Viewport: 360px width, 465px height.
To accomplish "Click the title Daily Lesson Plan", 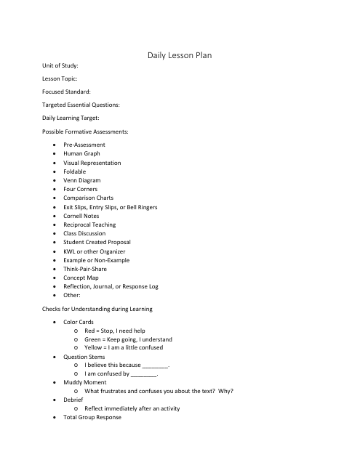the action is pos(179,55).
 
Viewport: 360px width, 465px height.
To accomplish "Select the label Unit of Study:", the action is pos(60,66).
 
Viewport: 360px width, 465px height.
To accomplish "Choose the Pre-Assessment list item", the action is pos(84,145).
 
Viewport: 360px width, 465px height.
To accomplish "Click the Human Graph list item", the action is pos(81,153).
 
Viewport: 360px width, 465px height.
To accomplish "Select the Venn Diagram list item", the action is pos(82,180).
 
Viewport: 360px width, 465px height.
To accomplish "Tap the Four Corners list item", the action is pos(81,189).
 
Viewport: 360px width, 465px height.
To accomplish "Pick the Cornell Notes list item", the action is pos(82,216).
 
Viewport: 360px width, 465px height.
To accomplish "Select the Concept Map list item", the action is pos(82,278).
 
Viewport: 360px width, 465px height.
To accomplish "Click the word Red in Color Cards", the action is pos(90,330).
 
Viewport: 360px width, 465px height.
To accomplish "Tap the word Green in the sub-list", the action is pos(93,339).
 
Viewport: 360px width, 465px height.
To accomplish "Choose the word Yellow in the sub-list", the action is pos(94,347).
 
